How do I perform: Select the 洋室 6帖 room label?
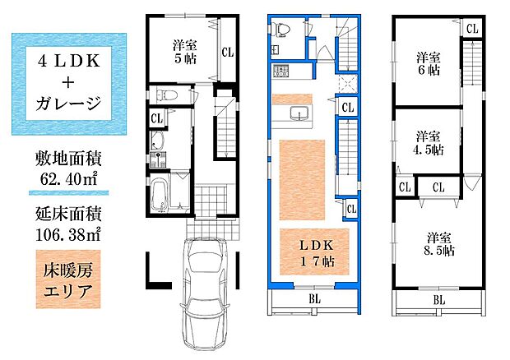pos(427,65)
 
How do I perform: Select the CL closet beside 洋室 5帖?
pos(227,52)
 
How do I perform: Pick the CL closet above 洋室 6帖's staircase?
pos(471,28)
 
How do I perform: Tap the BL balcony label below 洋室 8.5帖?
pos(438,301)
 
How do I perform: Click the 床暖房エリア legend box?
pos(68,281)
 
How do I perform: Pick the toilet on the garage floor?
pos(165,95)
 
